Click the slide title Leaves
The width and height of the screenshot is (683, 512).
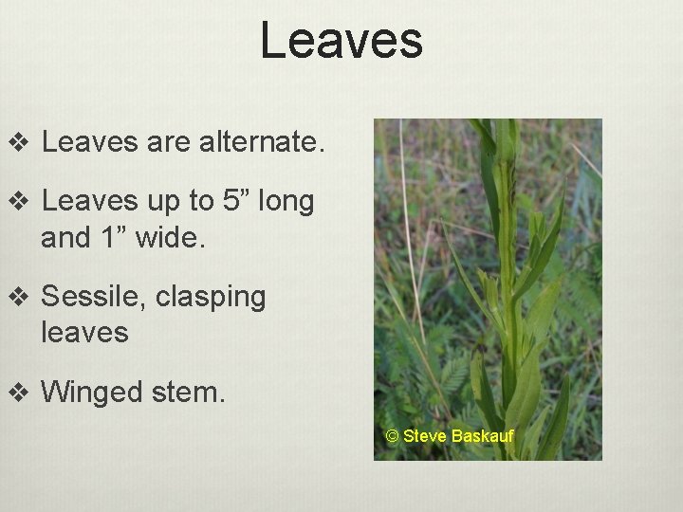[341, 42]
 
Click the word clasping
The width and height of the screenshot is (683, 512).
[211, 298]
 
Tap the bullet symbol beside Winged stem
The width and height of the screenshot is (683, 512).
[18, 391]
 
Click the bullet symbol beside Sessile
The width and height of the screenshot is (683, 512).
[18, 297]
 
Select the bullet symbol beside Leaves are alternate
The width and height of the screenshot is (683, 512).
[18, 145]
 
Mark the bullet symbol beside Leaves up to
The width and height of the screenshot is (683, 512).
[18, 203]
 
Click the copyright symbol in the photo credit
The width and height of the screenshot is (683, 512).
[393, 436]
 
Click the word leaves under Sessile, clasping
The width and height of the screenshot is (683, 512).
[84, 331]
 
